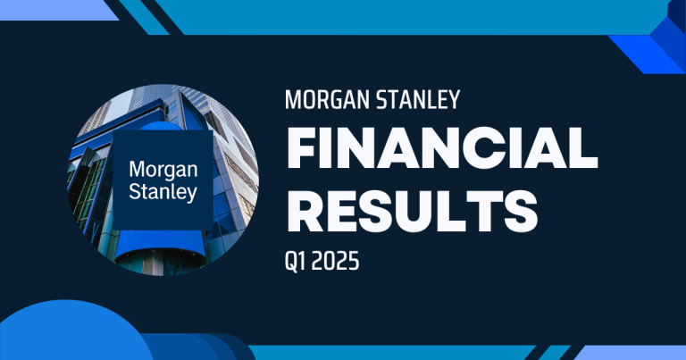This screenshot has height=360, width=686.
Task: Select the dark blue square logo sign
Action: pos(161,178)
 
